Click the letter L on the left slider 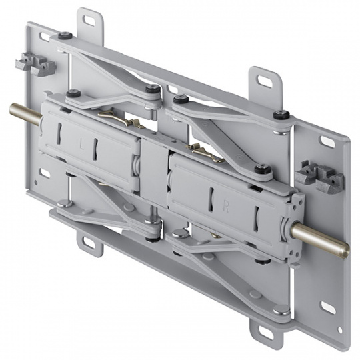(x=81, y=145)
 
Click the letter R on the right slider (x=226, y=207)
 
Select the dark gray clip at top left (x=35, y=63)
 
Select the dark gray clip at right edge (x=320, y=176)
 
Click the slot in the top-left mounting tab (x=90, y=20)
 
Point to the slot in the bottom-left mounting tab (x=89, y=243)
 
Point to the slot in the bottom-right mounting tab (x=265, y=333)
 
